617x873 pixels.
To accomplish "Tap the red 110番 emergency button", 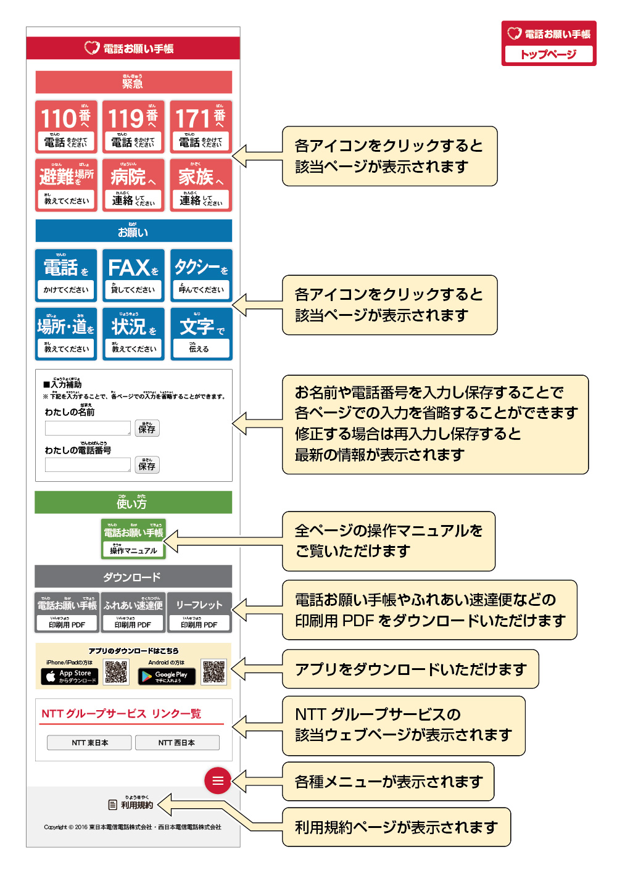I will tap(65, 126).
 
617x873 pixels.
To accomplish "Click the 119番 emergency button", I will tap(133, 126).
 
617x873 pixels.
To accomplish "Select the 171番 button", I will tap(201, 126).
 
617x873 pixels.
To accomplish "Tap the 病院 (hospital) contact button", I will tap(133, 185).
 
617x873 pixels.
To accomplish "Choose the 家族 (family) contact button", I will tap(201, 185).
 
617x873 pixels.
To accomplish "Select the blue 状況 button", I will tap(133, 334).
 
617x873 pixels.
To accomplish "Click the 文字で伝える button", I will tap(201, 334).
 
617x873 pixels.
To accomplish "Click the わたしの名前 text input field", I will tap(88, 428).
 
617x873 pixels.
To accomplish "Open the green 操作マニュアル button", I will tap(133, 539).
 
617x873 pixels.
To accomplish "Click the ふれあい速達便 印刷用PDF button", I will tap(133, 613).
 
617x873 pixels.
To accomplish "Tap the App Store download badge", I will tap(70, 676).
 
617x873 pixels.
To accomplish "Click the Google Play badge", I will tap(167, 676).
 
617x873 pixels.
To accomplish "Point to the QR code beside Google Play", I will tap(214, 672).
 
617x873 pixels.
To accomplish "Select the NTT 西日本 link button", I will tap(176, 743).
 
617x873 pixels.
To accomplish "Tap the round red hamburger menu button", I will tap(218, 780).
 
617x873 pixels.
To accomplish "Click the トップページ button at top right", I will tap(549, 54).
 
